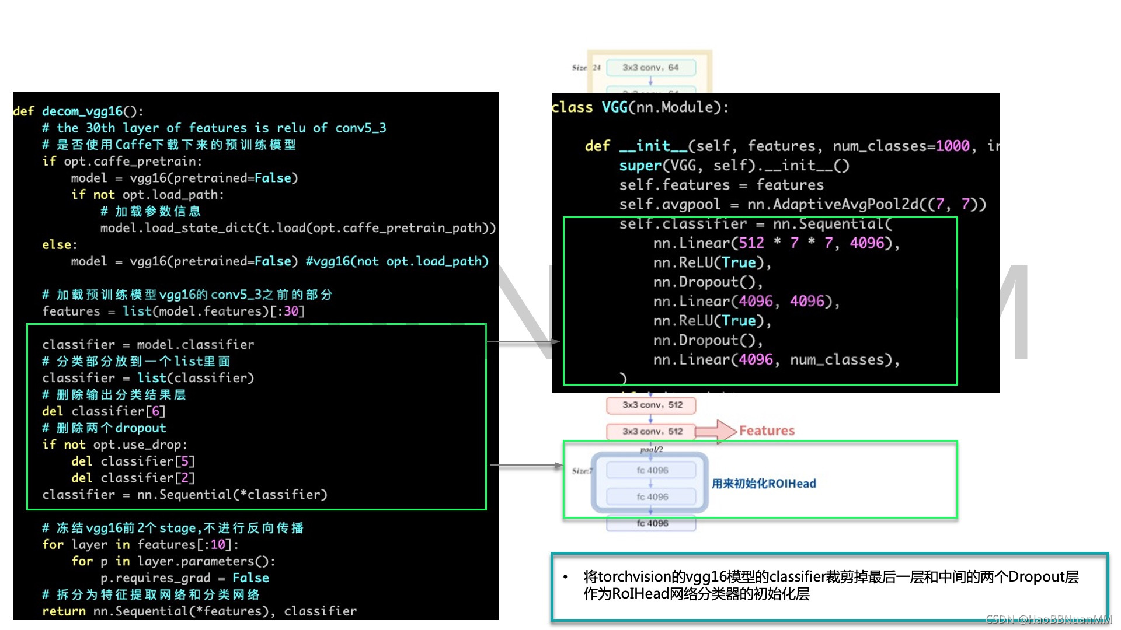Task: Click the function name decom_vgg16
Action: click(82, 111)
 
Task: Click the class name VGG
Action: click(614, 107)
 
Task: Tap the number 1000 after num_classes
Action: click(952, 146)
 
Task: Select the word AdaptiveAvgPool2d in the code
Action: click(845, 204)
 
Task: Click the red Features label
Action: click(767, 430)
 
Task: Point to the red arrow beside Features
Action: click(716, 431)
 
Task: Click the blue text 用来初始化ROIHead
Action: click(764, 483)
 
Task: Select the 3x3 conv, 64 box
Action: click(650, 68)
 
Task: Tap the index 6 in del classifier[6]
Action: click(155, 411)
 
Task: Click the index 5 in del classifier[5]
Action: click(184, 461)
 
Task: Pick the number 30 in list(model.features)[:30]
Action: click(291, 311)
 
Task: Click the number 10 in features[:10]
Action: click(218, 545)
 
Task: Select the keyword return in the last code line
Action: click(64, 611)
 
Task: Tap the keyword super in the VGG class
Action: click(640, 166)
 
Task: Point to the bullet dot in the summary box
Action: click(565, 577)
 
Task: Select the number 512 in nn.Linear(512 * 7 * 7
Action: click(751, 243)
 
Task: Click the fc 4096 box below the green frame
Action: click(652, 523)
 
